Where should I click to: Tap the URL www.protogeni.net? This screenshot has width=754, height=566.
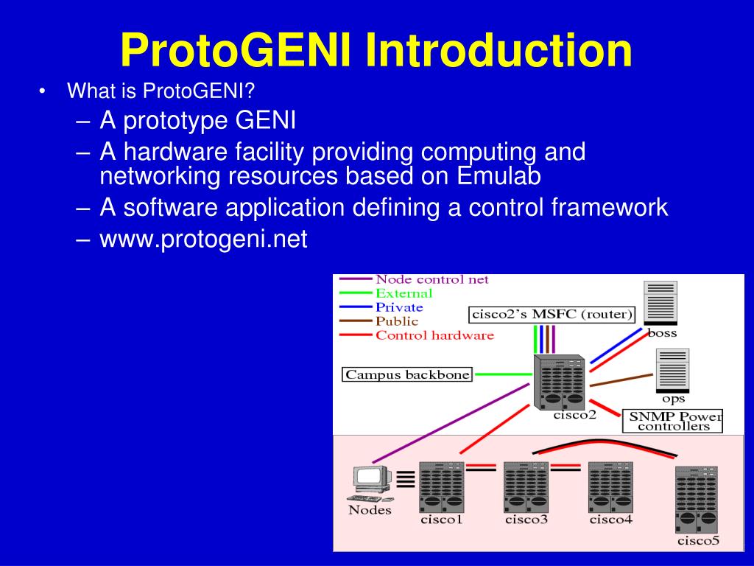click(x=204, y=240)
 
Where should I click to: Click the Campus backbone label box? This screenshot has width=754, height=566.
click(x=407, y=374)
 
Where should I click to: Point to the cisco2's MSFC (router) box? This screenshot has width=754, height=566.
click(x=552, y=315)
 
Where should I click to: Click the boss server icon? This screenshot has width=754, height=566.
click(x=660, y=303)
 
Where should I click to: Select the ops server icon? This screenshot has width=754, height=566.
click(x=672, y=371)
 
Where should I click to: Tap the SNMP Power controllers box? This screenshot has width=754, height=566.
click(x=673, y=421)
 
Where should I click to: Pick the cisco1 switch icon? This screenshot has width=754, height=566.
click(x=440, y=487)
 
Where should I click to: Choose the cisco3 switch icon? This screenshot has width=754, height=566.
click(x=526, y=487)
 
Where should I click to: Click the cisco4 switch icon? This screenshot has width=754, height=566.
click(x=610, y=487)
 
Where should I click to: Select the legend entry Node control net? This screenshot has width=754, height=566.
click(x=431, y=280)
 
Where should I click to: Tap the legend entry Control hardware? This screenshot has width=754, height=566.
click(x=434, y=335)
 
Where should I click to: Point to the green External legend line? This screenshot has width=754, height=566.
click(x=355, y=293)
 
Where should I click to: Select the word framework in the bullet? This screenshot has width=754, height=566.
click(x=609, y=208)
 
